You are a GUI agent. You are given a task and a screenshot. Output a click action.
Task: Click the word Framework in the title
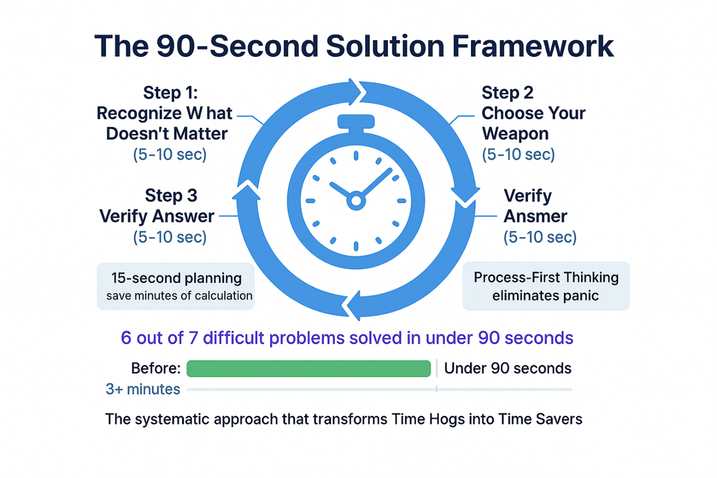(532, 46)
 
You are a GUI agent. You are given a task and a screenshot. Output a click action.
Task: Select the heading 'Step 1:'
(170, 93)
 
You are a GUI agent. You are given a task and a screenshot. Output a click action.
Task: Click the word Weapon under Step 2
(515, 134)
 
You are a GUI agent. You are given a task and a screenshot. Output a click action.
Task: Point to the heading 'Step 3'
(171, 196)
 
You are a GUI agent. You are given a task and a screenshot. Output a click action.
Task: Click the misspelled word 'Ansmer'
(535, 217)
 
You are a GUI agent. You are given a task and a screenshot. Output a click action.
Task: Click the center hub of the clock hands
(356, 201)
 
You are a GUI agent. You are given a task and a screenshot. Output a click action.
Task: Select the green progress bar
(308, 369)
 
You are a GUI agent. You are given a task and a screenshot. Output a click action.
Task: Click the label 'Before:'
(155, 368)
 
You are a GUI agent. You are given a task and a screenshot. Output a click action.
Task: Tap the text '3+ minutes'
(143, 390)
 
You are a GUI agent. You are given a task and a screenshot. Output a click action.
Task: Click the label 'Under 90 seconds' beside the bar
(507, 368)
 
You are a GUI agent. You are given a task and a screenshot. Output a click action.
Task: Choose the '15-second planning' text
(176, 278)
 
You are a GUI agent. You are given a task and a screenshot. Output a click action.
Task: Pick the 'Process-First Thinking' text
(546, 278)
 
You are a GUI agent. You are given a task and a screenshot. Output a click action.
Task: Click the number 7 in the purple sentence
(193, 338)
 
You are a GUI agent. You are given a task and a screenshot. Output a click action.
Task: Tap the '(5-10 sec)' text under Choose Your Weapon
(518, 155)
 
